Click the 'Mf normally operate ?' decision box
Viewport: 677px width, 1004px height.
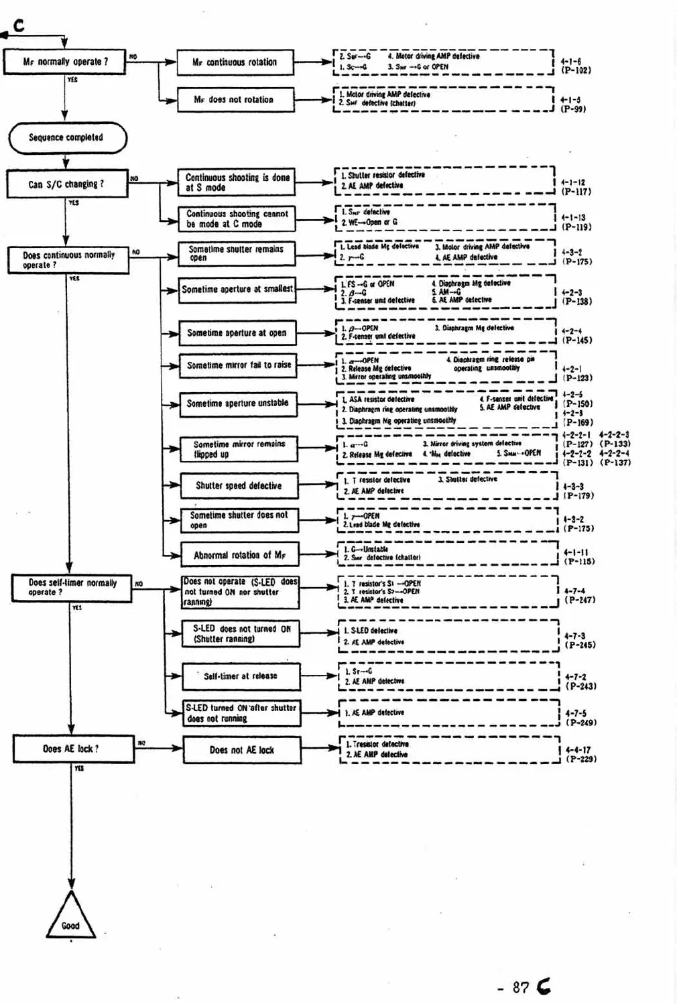pos(65,62)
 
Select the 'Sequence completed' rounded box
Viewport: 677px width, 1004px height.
pos(67,138)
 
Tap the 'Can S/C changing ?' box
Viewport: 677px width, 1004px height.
pos(67,184)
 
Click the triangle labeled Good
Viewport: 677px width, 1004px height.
pos(70,918)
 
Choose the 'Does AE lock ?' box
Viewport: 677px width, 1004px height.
pos(71,749)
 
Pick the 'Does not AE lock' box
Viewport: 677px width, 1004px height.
pos(242,750)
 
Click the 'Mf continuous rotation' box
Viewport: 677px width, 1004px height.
pos(235,62)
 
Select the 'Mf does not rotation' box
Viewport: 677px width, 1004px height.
pos(235,100)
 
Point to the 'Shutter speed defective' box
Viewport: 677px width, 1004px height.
pos(239,486)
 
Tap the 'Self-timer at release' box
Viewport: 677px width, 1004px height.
pos(241,676)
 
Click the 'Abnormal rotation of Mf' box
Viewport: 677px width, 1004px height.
pos(239,555)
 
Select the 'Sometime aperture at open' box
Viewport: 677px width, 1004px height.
pos(237,333)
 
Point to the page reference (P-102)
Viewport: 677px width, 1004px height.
pos(576,70)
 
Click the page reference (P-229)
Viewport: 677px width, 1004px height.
pos(580,759)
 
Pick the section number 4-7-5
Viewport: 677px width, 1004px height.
pos(576,714)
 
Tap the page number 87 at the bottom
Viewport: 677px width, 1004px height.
pos(521,987)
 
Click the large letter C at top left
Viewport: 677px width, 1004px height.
pos(19,25)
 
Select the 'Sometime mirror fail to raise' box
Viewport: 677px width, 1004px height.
pos(239,365)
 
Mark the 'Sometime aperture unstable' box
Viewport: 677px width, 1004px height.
pos(238,403)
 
